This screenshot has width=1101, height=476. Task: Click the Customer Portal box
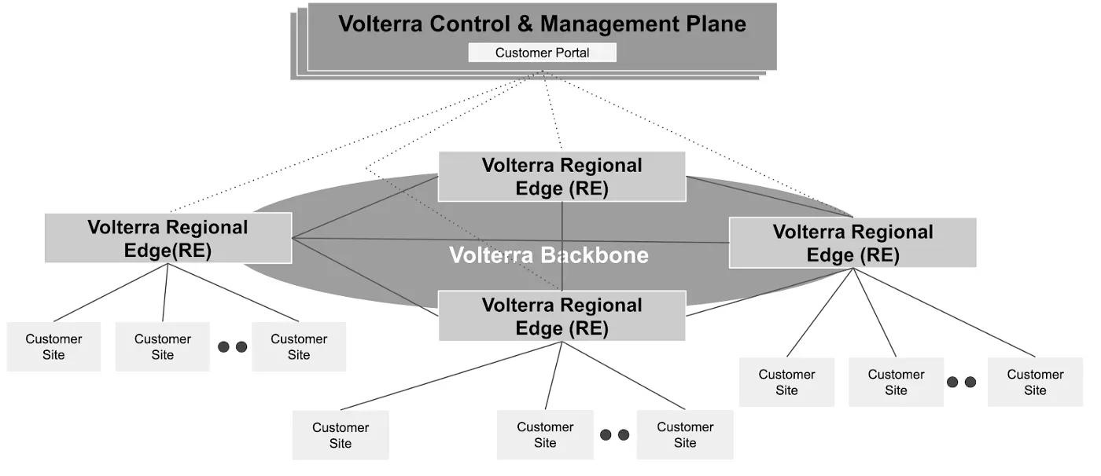pyautogui.click(x=542, y=53)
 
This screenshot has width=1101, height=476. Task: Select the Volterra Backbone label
pyautogui.click(x=549, y=255)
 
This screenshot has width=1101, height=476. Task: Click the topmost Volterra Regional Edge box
pyautogui.click(x=562, y=177)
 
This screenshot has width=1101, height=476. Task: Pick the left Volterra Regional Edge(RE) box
pyautogui.click(x=168, y=238)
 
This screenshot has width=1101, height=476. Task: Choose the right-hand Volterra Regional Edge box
pyautogui.click(x=852, y=243)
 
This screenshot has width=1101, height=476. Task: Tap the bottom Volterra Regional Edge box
pyautogui.click(x=562, y=316)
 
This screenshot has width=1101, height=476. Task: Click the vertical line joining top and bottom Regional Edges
pyautogui.click(x=562, y=246)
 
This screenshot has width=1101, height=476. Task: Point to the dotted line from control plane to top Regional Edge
pyautogui.click(x=552, y=111)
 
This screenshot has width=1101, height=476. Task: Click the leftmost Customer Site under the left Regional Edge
pyautogui.click(x=53, y=346)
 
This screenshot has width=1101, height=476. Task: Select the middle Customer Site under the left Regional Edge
pyautogui.click(x=163, y=346)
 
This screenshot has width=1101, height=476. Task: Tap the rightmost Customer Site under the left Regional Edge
pyautogui.click(x=299, y=346)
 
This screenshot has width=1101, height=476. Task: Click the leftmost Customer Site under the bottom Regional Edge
pyautogui.click(x=341, y=435)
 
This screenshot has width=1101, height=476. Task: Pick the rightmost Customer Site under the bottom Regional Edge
pyautogui.click(x=685, y=435)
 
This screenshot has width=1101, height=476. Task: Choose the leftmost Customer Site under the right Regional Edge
pyautogui.click(x=787, y=383)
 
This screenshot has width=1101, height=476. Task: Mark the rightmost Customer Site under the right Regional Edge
pyautogui.click(x=1035, y=383)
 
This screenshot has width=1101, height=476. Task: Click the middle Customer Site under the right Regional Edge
pyautogui.click(x=896, y=383)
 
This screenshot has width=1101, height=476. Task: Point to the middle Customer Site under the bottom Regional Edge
pyautogui.click(x=545, y=435)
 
